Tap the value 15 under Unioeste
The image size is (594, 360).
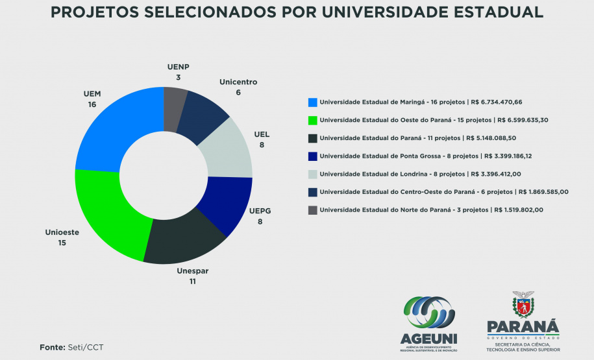click(x=62, y=243)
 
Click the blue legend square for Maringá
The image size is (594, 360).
click(x=313, y=102)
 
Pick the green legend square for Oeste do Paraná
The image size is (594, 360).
click(x=313, y=120)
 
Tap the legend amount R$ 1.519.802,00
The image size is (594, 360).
click(x=519, y=210)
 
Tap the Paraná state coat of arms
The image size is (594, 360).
click(x=523, y=303)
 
